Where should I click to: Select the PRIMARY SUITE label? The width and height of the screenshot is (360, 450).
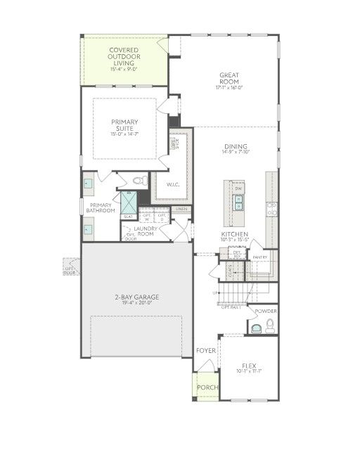tap(124, 126)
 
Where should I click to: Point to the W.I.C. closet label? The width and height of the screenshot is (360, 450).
tap(174, 184)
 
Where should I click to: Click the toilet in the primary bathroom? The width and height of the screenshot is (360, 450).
tap(139, 180)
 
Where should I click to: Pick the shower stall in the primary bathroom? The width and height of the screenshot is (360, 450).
tap(129, 201)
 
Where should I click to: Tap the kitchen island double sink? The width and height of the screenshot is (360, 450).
tap(238, 205)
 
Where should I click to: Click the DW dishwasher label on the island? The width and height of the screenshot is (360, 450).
tap(238, 189)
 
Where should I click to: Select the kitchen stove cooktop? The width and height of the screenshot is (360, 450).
tap(271, 207)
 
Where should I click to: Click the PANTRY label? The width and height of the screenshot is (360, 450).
tap(260, 257)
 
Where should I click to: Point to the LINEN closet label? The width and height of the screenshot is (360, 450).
tap(181, 209)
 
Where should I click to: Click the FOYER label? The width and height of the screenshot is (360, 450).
tap(206, 350)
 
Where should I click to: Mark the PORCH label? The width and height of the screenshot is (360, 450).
tap(207, 387)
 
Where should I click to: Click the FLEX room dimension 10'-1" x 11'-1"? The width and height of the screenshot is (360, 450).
tap(248, 373)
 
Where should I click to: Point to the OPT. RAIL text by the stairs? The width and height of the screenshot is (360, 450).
tap(231, 307)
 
